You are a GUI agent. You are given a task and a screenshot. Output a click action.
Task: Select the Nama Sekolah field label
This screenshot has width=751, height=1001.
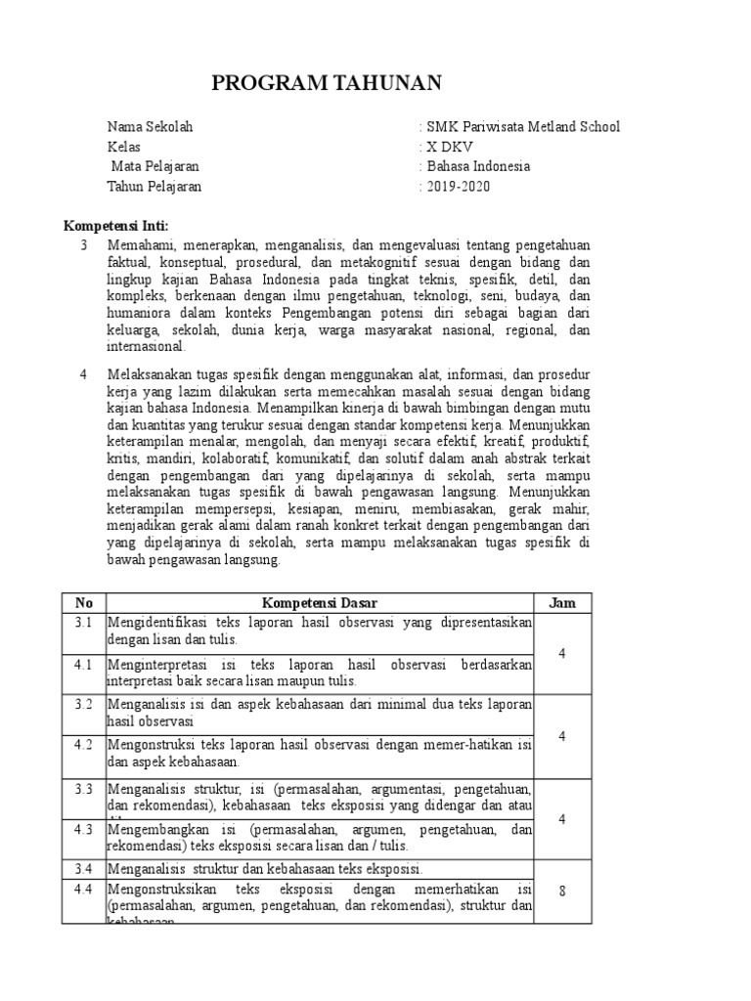coord(151,127)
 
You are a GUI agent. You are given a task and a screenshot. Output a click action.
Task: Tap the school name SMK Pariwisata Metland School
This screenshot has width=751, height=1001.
coord(520,127)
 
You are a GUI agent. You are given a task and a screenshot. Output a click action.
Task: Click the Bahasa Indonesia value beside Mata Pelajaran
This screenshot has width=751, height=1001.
coord(475,166)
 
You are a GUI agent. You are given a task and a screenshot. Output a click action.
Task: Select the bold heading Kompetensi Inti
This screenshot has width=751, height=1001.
coord(116,226)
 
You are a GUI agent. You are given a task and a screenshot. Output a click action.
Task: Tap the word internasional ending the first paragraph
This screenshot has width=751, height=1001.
coord(147,346)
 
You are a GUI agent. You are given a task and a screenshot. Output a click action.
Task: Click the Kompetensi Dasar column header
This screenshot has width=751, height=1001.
coord(320,603)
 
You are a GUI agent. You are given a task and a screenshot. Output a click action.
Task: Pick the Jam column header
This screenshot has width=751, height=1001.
coord(562,603)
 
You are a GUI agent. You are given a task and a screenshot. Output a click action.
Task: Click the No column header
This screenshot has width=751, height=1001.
coord(83,603)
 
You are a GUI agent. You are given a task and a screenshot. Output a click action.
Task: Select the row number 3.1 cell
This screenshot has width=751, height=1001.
coord(83,623)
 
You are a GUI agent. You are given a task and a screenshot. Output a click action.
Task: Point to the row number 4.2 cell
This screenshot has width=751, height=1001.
coord(83,745)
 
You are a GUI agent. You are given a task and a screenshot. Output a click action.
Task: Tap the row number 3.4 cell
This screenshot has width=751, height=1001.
coord(83,868)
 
